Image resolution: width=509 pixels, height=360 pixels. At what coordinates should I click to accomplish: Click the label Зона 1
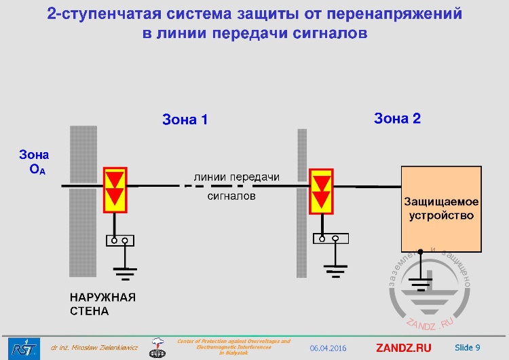[185, 120]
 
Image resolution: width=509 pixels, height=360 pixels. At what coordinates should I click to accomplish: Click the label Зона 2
[397, 118]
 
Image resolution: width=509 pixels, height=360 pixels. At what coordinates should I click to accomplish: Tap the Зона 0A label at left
[34, 162]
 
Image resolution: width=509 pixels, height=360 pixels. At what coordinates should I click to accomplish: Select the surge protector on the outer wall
[115, 188]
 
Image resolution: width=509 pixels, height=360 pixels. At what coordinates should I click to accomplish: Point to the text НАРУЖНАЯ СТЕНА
[102, 304]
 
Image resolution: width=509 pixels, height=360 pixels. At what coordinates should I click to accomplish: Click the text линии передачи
[236, 177]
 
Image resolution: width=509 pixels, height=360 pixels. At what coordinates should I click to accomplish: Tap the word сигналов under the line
[231, 196]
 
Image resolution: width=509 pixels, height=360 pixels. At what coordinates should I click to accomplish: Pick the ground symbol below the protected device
[421, 283]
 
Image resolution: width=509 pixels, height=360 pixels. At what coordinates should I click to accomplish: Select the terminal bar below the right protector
[331, 238]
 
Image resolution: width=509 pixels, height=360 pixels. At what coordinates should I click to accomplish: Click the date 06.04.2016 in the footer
[328, 348]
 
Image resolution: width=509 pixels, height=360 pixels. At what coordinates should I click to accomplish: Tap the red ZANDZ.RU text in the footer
[403, 348]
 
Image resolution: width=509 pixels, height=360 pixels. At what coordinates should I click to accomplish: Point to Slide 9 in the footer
[467, 348]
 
